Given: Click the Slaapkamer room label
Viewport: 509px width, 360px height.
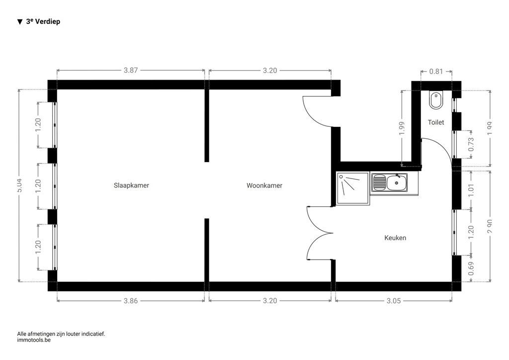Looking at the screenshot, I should click(131, 185).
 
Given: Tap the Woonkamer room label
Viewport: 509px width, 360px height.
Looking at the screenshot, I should click(264, 185).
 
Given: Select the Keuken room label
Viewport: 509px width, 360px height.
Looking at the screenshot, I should click(395, 238).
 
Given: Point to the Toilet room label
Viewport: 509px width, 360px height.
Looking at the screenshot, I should click(436, 122).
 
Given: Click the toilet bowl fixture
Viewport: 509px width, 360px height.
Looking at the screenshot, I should click(436, 100).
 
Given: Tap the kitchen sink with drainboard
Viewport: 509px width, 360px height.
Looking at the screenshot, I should click(389, 182).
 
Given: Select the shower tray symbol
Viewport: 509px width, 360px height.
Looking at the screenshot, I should click(353, 188).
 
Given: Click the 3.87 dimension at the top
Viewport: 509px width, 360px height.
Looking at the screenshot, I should click(131, 71).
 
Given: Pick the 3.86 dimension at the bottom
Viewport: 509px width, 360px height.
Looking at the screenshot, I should click(131, 301).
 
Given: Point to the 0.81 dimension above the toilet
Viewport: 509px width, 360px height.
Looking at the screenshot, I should click(436, 72).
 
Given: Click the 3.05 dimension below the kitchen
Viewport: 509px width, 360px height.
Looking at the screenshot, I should click(394, 301).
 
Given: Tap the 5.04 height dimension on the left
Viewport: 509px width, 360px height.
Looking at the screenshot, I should click(19, 185).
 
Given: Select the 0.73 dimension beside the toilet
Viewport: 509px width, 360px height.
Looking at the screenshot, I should click(471, 144).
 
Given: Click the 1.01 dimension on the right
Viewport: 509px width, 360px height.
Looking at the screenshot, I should click(471, 189).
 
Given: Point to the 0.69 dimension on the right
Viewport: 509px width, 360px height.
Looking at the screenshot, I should click(471, 269).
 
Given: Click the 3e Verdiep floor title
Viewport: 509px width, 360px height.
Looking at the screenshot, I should click(43, 21).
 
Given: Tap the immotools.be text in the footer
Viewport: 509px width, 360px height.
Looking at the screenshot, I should click(34, 341).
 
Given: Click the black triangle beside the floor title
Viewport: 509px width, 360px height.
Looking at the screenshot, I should click(20, 22).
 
